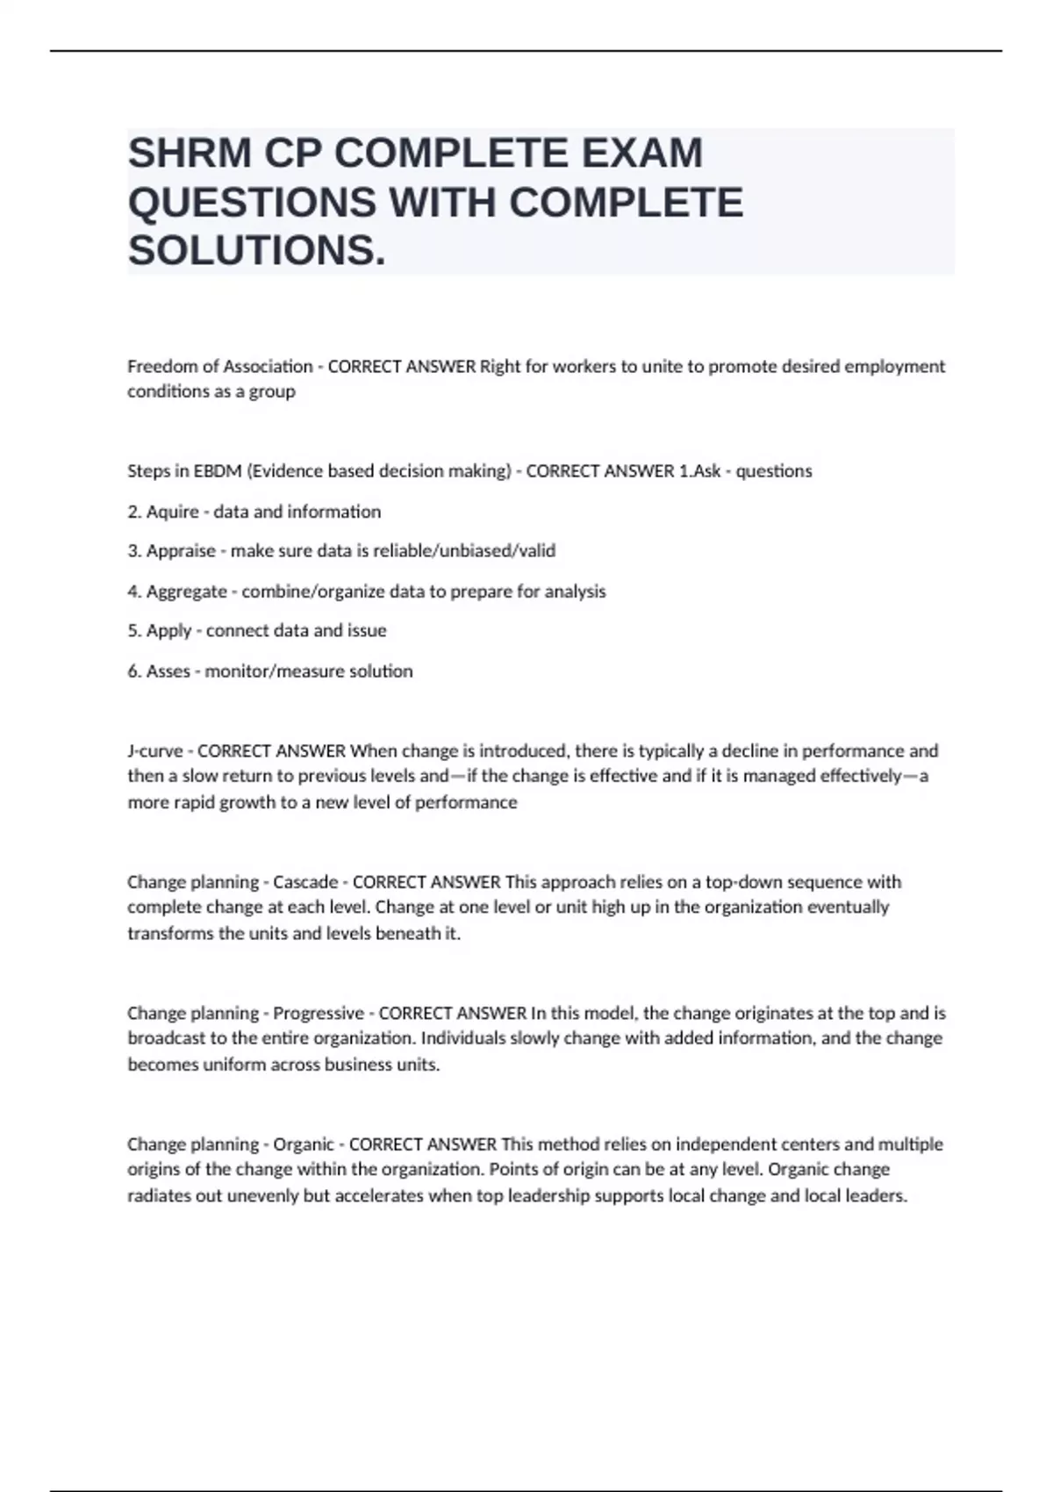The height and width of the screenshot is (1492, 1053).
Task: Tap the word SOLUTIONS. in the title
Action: coord(256,251)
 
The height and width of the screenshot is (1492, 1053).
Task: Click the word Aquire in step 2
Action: coord(172,512)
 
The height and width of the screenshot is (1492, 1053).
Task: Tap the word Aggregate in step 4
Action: coord(186,592)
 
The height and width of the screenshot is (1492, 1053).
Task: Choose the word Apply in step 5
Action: coord(168,631)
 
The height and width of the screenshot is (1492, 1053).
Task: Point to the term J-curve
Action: coord(155,751)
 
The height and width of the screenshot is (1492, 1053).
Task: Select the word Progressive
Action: coord(319,1014)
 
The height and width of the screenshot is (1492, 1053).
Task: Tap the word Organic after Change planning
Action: coord(304,1144)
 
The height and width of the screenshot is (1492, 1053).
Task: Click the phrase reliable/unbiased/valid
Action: coord(464,551)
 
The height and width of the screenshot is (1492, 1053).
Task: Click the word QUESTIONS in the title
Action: coord(253,203)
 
